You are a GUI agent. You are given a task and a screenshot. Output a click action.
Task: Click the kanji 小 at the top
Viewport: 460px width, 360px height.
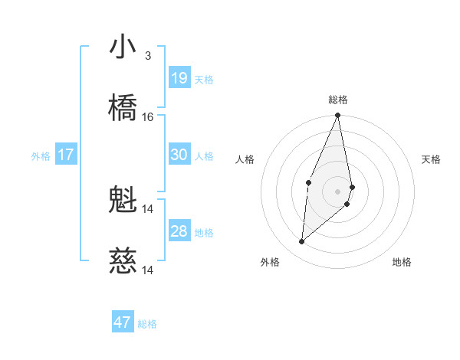click(123, 47)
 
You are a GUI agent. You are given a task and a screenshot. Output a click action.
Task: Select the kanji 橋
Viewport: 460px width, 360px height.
click(123, 108)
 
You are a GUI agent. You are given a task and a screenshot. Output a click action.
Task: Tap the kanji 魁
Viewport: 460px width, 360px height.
click(123, 200)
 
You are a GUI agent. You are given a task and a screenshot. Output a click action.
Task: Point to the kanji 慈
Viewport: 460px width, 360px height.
click(123, 261)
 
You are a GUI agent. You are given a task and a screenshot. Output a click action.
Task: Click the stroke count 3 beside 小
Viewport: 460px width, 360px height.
click(147, 56)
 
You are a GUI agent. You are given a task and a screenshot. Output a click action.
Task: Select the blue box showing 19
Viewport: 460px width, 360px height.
click(179, 77)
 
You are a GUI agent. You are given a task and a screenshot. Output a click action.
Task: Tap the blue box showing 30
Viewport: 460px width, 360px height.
click(179, 155)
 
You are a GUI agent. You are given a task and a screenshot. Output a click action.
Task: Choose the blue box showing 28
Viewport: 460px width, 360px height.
click(179, 231)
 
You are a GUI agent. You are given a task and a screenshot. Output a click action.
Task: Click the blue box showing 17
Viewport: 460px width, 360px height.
click(66, 155)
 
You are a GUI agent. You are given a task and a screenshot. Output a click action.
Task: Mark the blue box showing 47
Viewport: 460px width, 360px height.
click(123, 322)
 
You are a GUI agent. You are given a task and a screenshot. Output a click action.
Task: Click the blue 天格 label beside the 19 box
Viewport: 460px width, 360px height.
click(204, 80)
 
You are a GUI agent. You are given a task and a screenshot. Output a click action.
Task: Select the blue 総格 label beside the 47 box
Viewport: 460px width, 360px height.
click(147, 324)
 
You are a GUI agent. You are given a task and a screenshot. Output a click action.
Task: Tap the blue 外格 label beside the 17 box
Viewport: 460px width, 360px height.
click(41, 156)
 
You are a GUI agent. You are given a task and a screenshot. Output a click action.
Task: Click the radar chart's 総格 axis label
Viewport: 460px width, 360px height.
click(338, 100)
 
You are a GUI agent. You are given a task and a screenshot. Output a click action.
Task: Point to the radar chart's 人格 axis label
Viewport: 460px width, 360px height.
click(245, 159)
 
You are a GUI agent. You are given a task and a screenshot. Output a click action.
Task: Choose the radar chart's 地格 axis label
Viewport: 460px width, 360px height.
click(402, 262)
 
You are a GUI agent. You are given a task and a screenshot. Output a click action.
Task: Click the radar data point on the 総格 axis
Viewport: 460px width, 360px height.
click(338, 116)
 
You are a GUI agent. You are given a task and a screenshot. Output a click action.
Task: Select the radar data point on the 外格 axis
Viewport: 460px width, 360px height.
click(302, 242)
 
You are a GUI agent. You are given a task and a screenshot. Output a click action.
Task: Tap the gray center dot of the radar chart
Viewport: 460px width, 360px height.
click(338, 191)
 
